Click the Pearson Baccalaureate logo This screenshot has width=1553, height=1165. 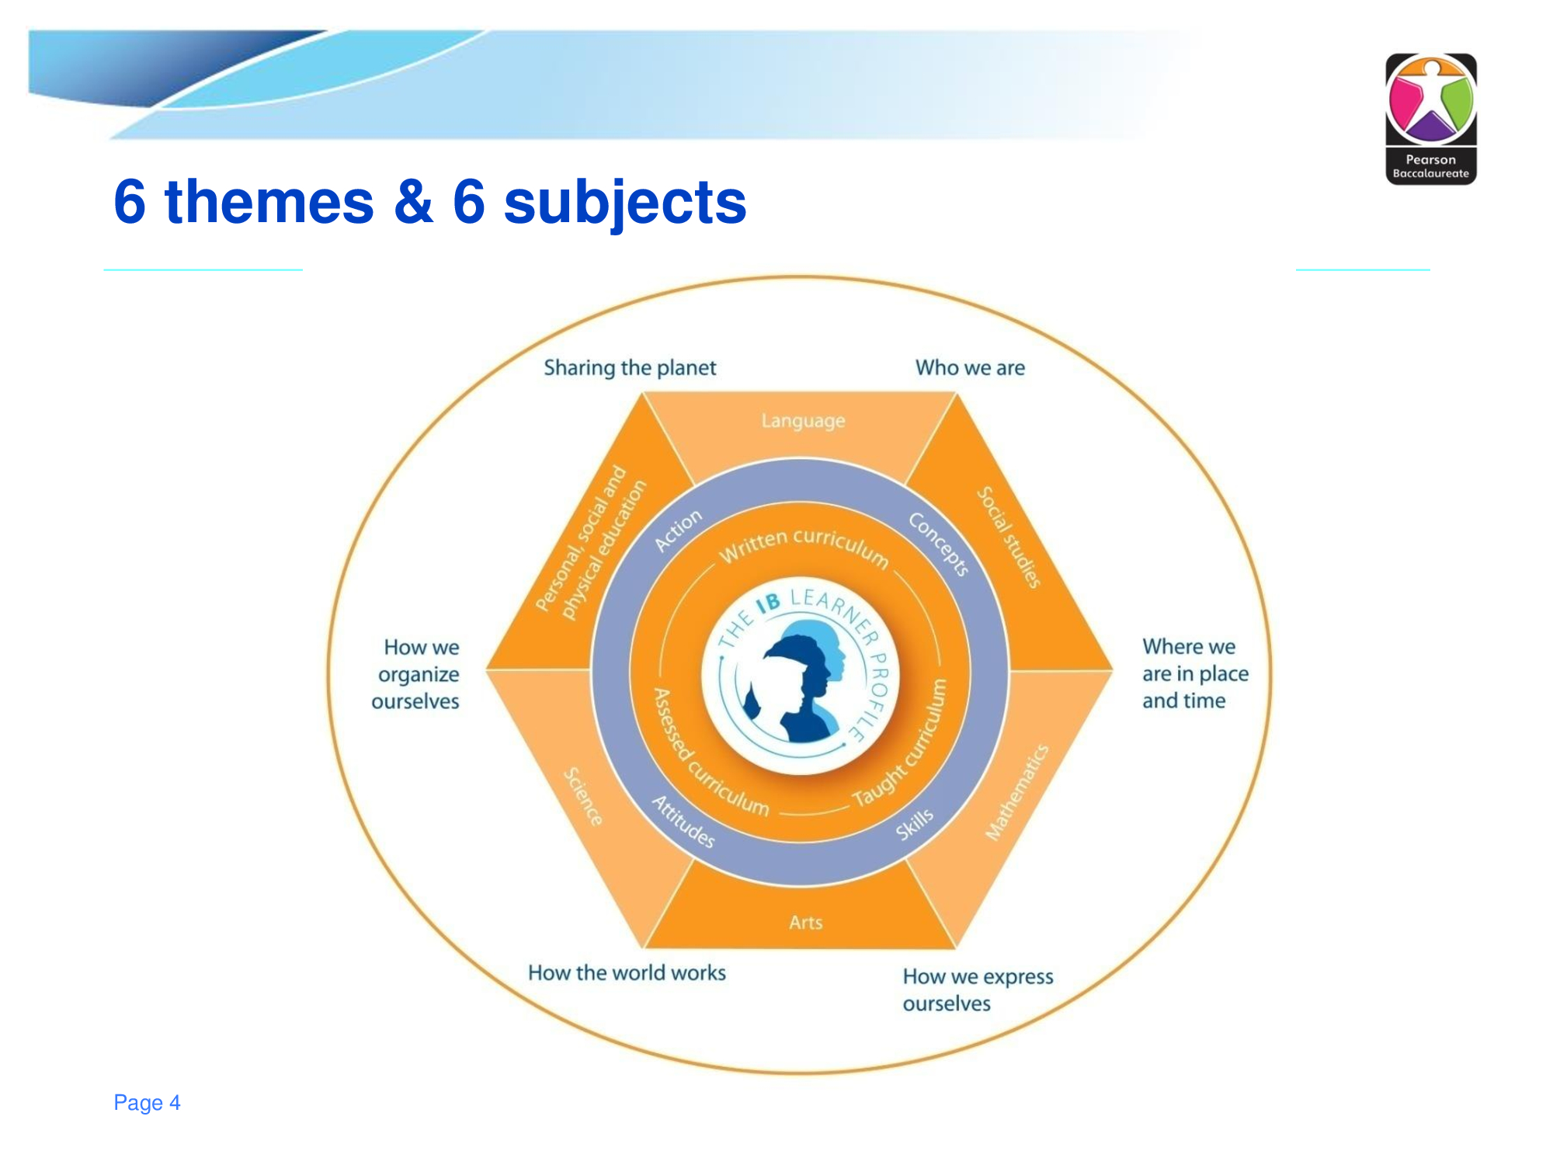pos(1431,119)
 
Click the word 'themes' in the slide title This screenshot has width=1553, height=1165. pos(269,202)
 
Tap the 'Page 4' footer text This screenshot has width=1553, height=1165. pos(147,1103)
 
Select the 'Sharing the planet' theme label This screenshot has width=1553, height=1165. pos(630,368)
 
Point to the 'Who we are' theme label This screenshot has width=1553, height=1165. pos(970,367)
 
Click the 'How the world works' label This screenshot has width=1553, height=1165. pos(627,972)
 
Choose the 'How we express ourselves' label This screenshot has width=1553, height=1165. pos(978,989)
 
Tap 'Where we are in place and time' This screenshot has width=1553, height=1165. pos(1195,673)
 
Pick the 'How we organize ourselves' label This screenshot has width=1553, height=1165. pos(415,674)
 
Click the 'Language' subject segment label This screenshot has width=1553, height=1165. pos(803,421)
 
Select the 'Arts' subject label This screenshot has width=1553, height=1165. pos(805,922)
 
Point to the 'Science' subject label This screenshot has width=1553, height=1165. pos(582,797)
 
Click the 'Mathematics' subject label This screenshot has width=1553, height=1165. pos(1016,792)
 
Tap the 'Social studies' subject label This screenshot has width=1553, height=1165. pos(1008,537)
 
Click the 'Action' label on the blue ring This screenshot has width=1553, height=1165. pos(678,530)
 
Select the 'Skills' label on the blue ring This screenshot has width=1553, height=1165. pos(915,824)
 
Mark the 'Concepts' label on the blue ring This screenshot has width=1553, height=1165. pos(939,544)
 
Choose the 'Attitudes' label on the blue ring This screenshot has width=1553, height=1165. pos(683,822)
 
